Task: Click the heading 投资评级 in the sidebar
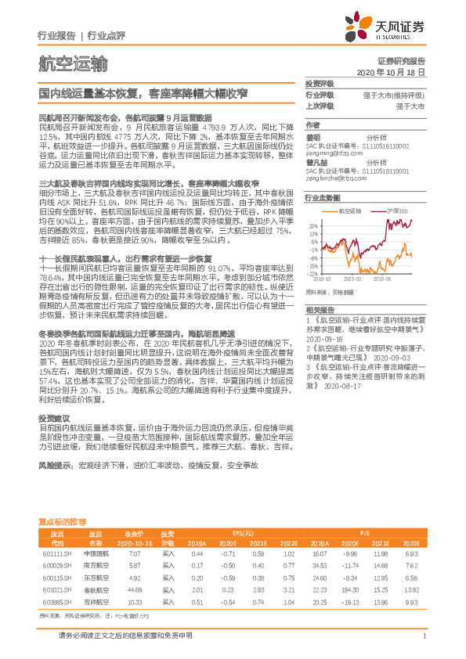tap(319, 83)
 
